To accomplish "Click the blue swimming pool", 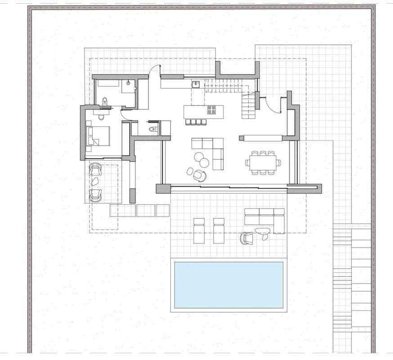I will [x=228, y=285].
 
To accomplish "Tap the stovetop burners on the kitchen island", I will [x=212, y=109].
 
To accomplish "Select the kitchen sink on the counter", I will [x=196, y=84].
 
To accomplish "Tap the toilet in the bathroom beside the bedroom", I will [x=105, y=101].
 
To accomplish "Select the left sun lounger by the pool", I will [x=199, y=230].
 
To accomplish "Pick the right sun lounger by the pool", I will [x=219, y=230].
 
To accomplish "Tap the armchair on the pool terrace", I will [x=246, y=238].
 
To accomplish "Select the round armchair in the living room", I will [x=200, y=175].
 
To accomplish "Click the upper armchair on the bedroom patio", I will [x=95, y=169].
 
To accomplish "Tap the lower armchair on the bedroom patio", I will [x=95, y=195].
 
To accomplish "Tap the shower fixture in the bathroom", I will [x=129, y=83].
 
